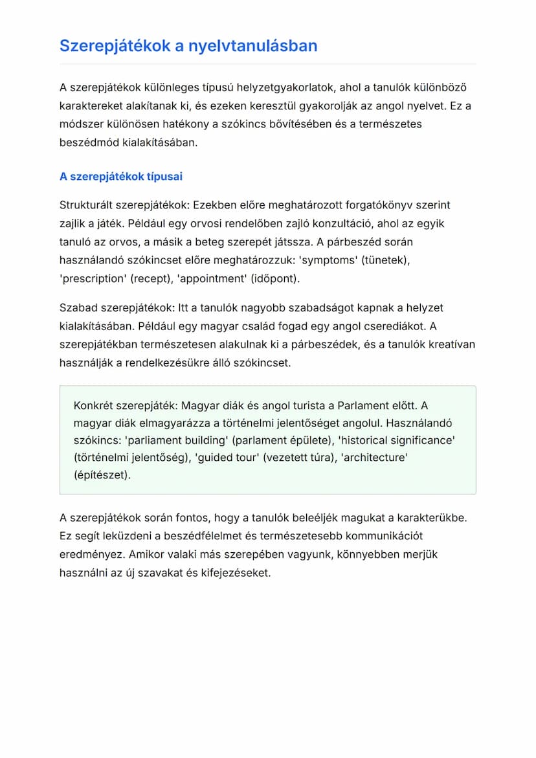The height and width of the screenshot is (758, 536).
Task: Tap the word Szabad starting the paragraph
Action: click(x=76, y=307)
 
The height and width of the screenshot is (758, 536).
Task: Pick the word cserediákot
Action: click(x=392, y=326)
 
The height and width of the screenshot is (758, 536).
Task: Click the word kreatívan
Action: click(x=451, y=344)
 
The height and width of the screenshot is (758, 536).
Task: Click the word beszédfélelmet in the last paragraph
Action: click(x=172, y=536)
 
